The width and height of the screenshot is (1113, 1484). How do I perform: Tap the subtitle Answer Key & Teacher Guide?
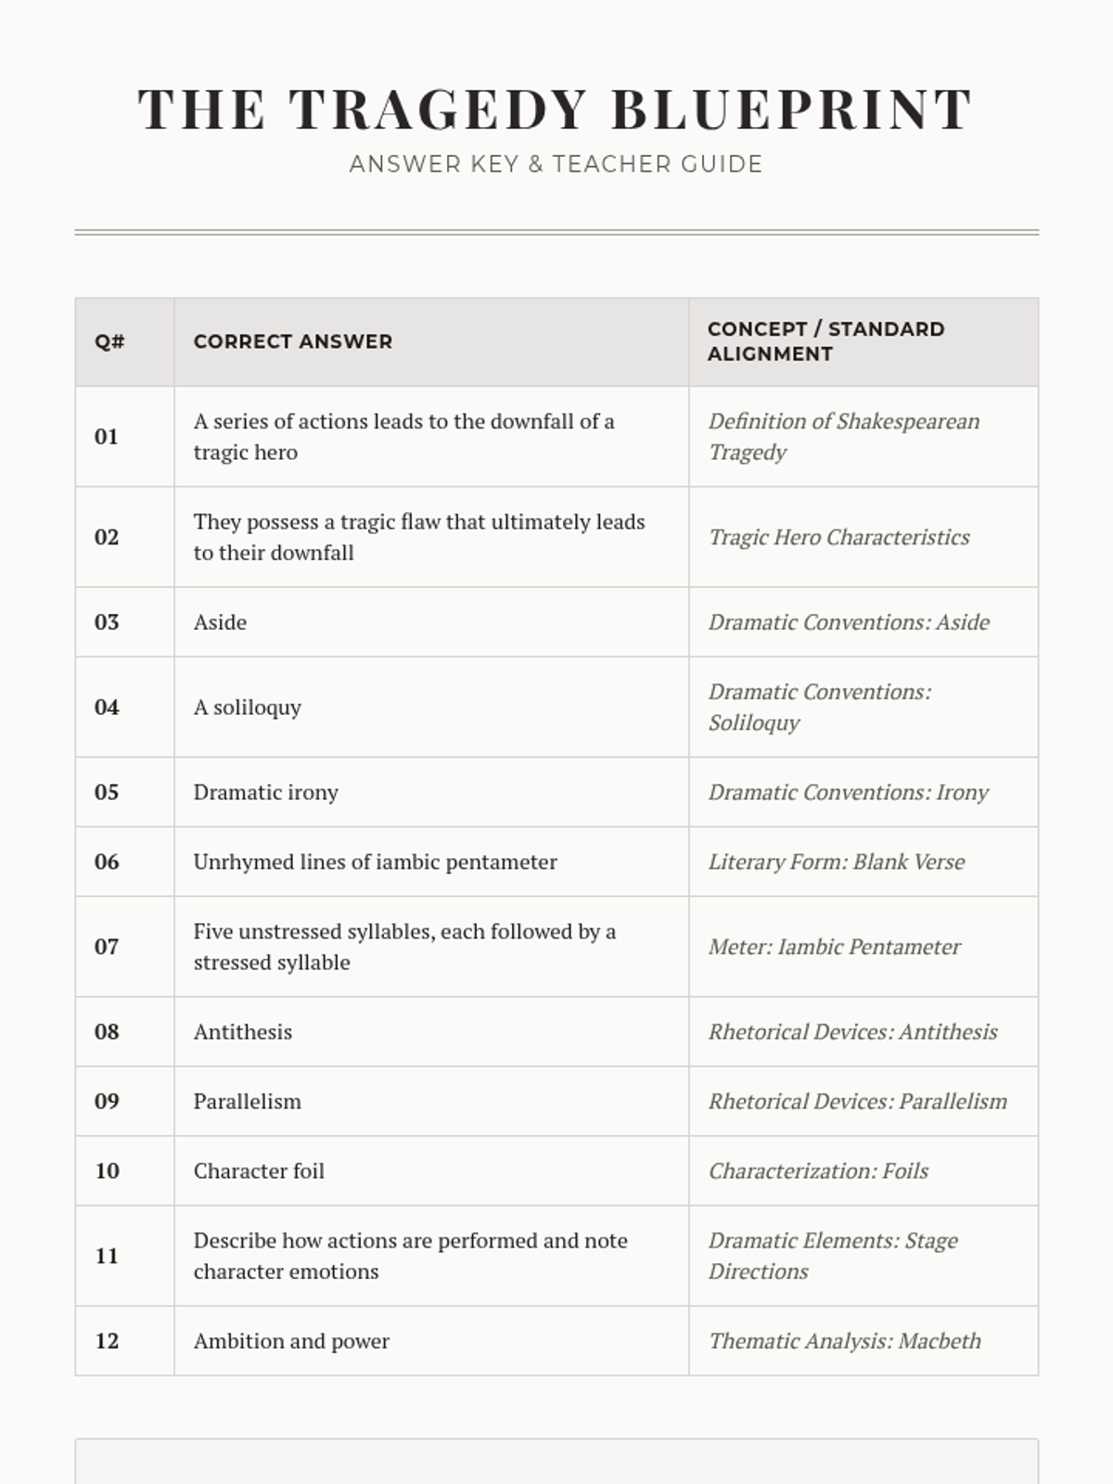(556, 164)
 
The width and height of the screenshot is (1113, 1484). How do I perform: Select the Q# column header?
(109, 341)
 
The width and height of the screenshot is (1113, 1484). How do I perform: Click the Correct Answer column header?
(292, 341)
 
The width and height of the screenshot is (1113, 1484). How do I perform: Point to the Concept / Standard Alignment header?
(825, 341)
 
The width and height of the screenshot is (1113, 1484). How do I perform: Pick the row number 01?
(107, 437)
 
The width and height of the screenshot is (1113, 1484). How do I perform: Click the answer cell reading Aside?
(220, 622)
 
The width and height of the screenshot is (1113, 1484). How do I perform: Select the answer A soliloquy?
(247, 708)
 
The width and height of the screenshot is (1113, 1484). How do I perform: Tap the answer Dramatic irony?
(265, 792)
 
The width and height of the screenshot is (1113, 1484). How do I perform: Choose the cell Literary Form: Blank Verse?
(836, 862)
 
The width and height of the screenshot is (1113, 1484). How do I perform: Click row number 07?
(107, 947)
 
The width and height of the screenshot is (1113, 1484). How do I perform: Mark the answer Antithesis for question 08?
(242, 1031)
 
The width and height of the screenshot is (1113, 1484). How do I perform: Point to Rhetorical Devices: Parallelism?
(857, 1101)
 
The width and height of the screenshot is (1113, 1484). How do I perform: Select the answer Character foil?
(259, 1171)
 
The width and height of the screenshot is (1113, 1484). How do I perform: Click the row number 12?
(107, 1341)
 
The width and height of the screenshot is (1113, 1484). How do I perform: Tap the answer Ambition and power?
(291, 1341)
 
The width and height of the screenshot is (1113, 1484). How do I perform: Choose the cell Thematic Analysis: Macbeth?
(844, 1341)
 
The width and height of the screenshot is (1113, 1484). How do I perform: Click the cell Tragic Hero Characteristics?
(838, 537)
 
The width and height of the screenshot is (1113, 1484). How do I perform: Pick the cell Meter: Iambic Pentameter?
(834, 947)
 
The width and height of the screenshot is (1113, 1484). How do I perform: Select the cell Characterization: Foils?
(818, 1171)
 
